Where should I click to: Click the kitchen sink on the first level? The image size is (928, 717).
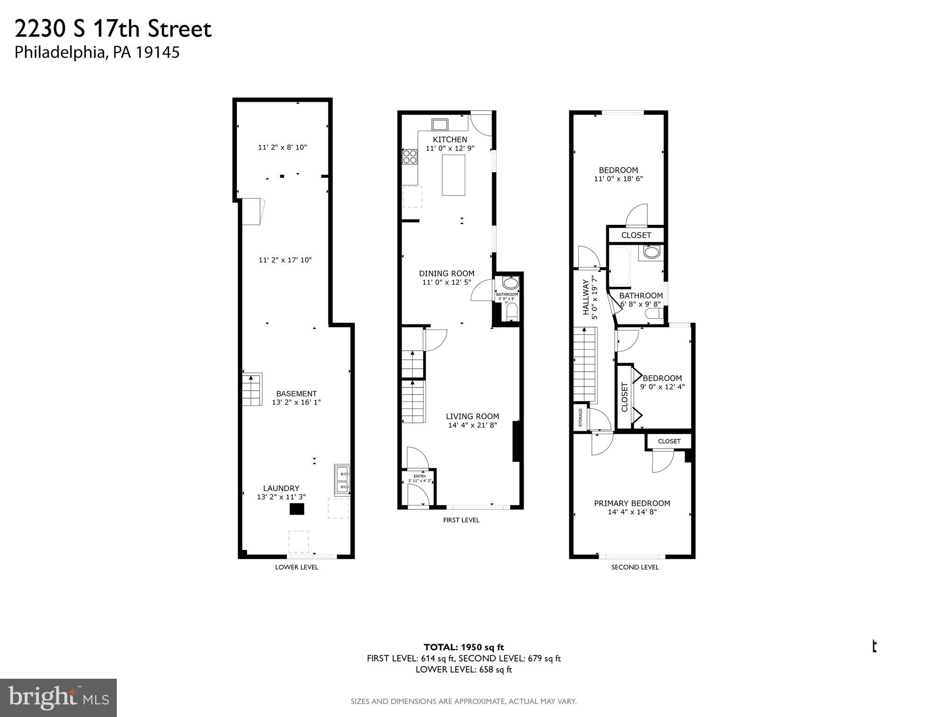tap(440, 124)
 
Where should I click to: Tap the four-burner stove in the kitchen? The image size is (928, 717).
tap(410, 156)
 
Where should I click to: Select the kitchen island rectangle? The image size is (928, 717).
tap(453, 175)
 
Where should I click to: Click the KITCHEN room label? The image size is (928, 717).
tap(450, 140)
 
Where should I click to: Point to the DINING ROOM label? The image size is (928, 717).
tap(446, 274)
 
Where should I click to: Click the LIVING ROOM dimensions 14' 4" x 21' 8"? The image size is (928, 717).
tap(472, 425)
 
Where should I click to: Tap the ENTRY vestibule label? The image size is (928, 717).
tap(420, 476)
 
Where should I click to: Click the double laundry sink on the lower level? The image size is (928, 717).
tap(342, 480)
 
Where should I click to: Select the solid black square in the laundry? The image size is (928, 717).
tap(297, 509)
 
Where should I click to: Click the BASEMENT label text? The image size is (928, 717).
tap(296, 394)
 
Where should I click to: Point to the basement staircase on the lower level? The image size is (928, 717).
tap(252, 389)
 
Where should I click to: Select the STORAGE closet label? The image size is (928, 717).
tap(581, 418)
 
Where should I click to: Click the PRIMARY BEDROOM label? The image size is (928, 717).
tap(632, 503)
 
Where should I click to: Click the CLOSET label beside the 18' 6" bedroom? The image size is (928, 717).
tap(636, 235)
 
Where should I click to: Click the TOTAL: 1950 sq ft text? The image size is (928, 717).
tap(464, 647)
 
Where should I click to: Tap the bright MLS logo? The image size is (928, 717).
tap(58, 697)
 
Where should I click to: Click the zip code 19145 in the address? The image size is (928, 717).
tap(157, 52)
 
